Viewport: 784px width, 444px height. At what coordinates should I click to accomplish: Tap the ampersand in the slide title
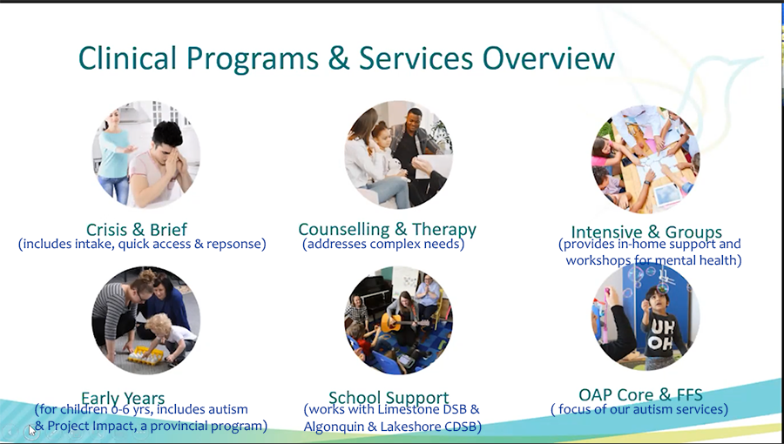339,58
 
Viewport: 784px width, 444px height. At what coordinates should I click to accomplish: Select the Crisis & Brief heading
137,230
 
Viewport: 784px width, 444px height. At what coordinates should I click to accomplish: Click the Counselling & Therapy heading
387,230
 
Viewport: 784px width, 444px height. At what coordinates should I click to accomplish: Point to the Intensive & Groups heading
646,232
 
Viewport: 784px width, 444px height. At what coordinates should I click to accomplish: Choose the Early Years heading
123,398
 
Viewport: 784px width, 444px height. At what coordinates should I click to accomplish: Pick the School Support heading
389,398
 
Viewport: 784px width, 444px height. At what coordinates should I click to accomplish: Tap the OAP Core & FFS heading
640,394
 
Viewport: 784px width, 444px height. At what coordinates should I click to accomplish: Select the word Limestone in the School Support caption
404,409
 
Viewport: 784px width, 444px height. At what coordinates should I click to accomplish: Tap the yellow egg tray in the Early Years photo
145,354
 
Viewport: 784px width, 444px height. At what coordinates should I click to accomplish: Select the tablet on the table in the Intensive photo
667,194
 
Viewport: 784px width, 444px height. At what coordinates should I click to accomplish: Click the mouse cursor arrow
32,430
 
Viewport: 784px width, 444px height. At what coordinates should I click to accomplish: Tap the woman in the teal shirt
114,155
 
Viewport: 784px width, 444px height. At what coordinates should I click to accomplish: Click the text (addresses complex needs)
383,245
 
